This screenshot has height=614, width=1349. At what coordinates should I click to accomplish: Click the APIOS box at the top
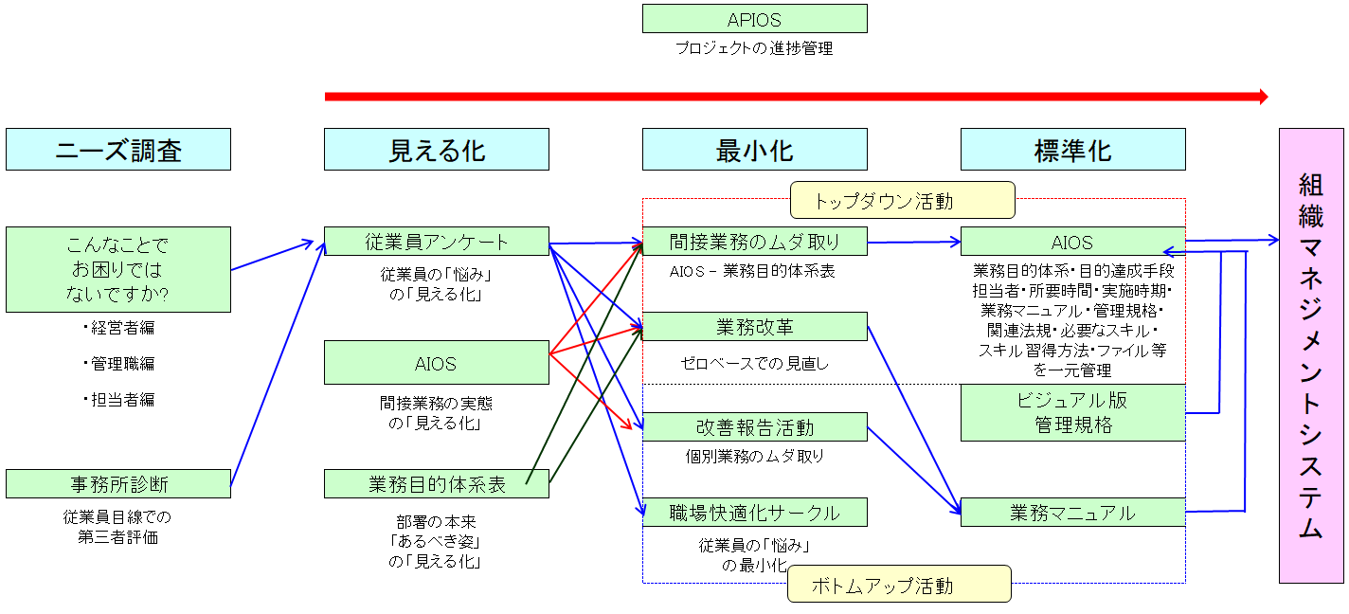[754, 19]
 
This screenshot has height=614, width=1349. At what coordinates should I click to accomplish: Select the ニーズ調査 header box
[118, 150]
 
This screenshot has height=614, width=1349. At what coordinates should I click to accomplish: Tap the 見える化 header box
[437, 150]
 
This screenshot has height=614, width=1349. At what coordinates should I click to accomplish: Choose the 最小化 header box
[754, 150]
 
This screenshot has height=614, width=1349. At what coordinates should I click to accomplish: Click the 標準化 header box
[1072, 150]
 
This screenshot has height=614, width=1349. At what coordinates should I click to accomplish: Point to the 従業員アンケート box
[437, 242]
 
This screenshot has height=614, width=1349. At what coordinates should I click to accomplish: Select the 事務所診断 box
[118, 484]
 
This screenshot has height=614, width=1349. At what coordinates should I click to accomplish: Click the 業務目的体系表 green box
[437, 484]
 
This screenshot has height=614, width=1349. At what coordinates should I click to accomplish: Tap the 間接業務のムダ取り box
[754, 242]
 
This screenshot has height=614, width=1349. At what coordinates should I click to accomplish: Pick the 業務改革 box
[754, 327]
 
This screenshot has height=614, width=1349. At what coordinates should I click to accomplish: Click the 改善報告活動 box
[754, 427]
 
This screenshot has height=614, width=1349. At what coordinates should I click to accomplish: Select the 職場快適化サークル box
[754, 513]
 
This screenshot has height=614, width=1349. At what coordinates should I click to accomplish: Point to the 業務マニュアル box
[1072, 513]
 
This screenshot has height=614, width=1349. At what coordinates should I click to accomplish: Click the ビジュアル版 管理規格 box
[1072, 412]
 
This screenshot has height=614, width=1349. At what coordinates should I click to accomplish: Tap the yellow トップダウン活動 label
[901, 200]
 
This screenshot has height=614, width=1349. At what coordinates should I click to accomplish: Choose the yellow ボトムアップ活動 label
[899, 585]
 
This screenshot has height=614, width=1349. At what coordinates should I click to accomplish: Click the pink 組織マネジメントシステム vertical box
[1311, 355]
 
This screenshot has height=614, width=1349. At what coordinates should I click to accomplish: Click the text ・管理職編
[118, 364]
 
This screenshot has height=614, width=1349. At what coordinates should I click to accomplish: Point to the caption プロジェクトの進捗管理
[754, 48]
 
